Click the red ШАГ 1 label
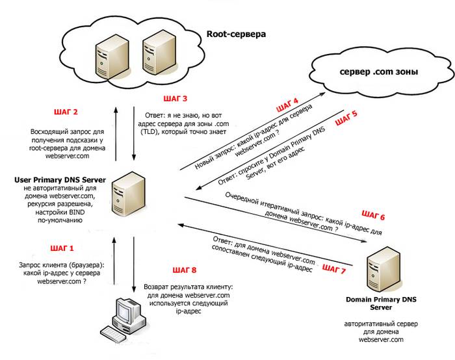click(x=62, y=248)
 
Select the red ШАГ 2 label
click(x=67, y=112)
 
